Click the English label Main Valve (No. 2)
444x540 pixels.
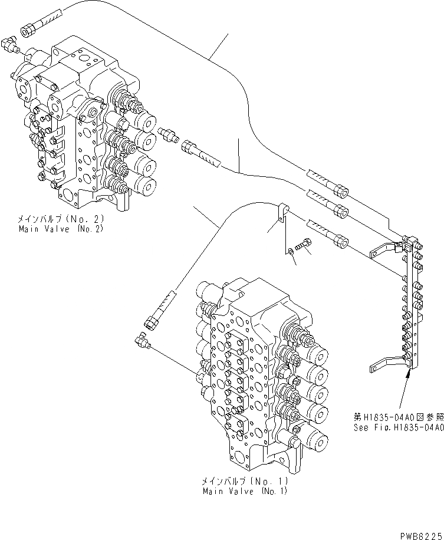[x=60, y=228]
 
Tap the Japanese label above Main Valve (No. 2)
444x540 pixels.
[x=60, y=219]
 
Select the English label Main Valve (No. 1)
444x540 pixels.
[x=245, y=490]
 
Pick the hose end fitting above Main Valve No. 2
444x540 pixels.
[x=32, y=28]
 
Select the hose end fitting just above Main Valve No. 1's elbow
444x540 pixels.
[x=155, y=317]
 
